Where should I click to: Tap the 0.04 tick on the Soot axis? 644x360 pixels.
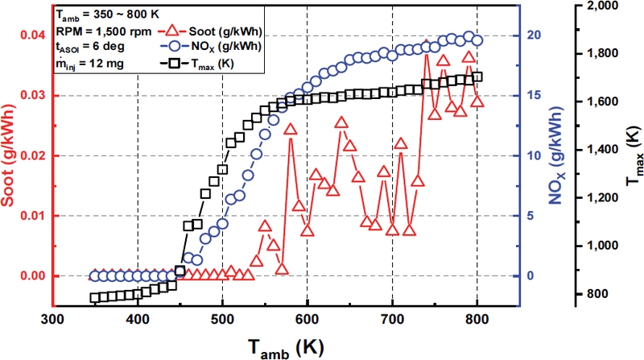(29, 35)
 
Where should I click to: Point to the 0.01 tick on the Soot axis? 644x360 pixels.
(29, 216)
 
